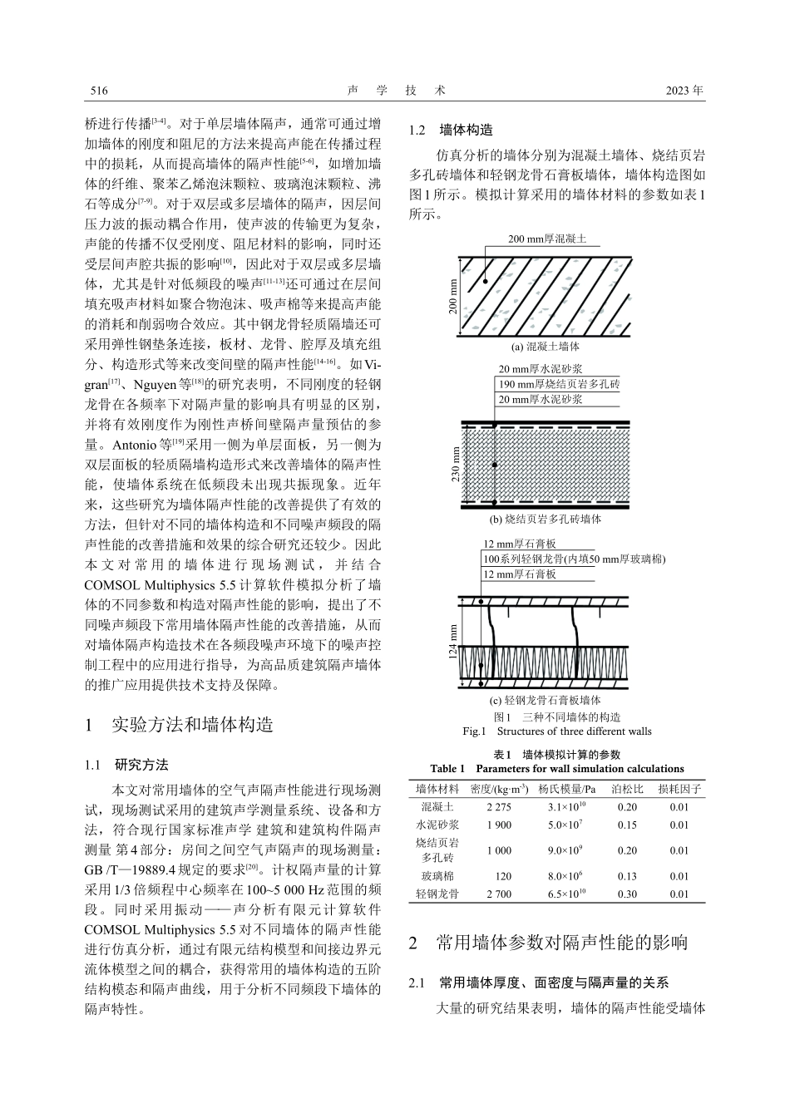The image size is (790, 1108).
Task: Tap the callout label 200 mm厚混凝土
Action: pyautogui.click(x=547, y=239)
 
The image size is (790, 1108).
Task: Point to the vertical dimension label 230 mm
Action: pyautogui.click(x=455, y=465)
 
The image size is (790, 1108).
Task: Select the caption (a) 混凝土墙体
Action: pyautogui.click(x=546, y=347)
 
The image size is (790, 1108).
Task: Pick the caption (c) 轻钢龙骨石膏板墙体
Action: pyautogui.click(x=546, y=701)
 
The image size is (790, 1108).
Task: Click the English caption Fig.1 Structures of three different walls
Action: pyautogui.click(x=556, y=731)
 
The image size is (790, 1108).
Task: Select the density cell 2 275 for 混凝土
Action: pyautogui.click(x=499, y=807)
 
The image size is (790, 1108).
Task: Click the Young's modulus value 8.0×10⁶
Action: pyautogui.click(x=565, y=876)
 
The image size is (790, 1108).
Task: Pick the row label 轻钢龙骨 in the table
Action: pyautogui.click(x=437, y=894)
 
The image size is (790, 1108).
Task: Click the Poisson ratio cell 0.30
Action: pyautogui.click(x=628, y=894)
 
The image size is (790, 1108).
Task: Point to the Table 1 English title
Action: pyautogui.click(x=556, y=769)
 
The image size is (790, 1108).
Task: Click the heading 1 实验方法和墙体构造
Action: pyautogui.click(x=180, y=724)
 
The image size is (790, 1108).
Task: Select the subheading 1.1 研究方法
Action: pyautogui.click(x=126, y=765)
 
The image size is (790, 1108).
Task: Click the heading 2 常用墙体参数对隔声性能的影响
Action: pyautogui.click(x=549, y=943)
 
